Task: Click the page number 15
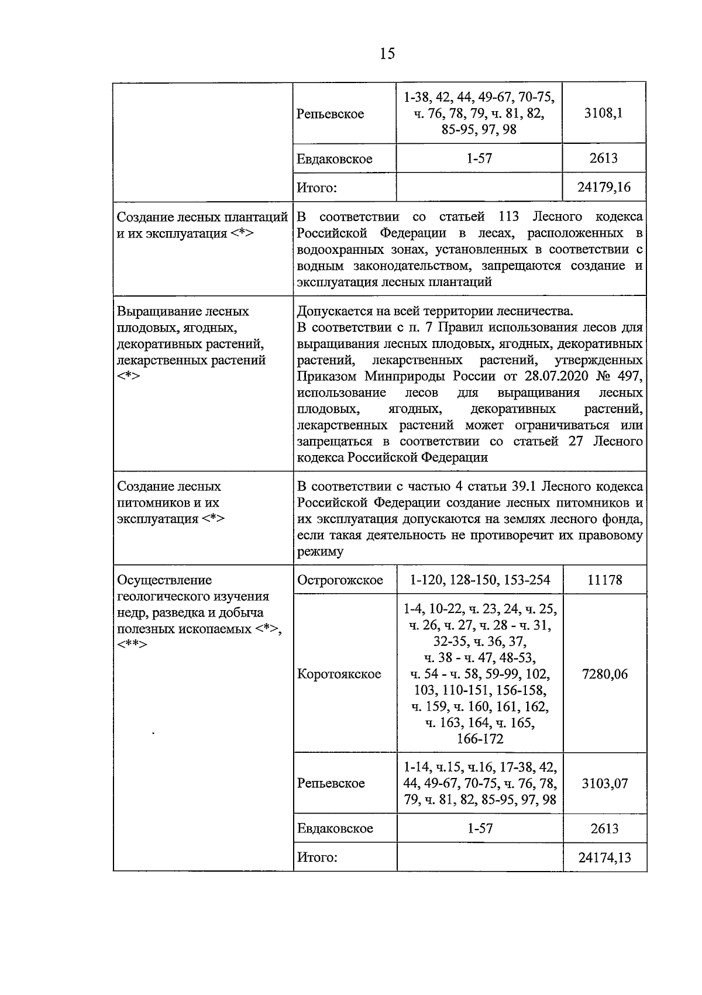tap(387, 54)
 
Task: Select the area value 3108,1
tap(604, 113)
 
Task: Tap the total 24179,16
tap(604, 188)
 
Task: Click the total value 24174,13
tap(604, 858)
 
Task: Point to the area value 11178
tap(604, 580)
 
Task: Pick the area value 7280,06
tap(604, 674)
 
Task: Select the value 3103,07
tap(604, 783)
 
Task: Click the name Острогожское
tap(340, 580)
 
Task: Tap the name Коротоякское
tap(339, 674)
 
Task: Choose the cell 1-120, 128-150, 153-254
tap(480, 580)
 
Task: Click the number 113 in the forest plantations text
tap(509, 217)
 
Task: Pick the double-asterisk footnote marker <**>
tap(132, 645)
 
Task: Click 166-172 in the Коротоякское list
tap(480, 739)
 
